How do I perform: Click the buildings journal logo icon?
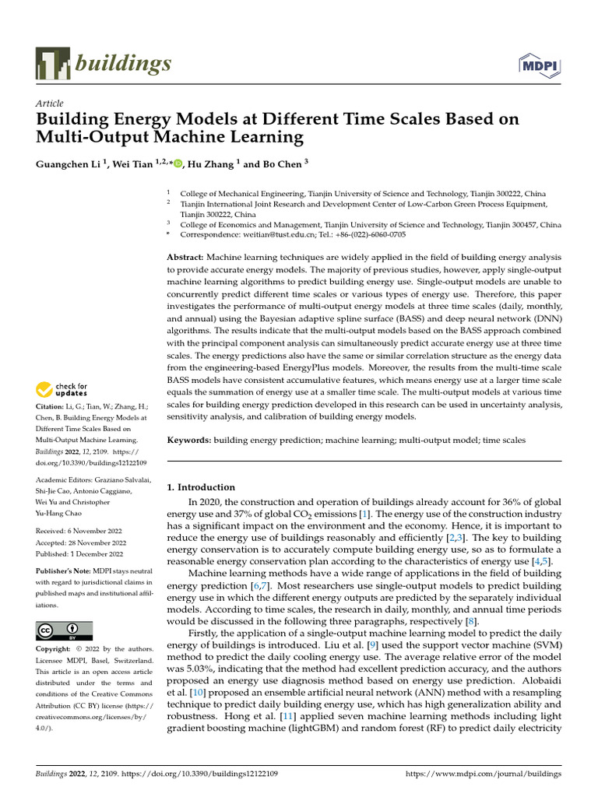click(x=54, y=65)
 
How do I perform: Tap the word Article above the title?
click(x=50, y=104)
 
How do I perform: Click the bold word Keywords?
click(x=190, y=441)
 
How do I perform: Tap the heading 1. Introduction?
click(x=202, y=487)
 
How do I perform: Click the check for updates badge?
click(x=62, y=389)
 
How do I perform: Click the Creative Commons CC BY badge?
click(x=64, y=630)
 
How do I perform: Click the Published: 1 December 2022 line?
click(x=79, y=554)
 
